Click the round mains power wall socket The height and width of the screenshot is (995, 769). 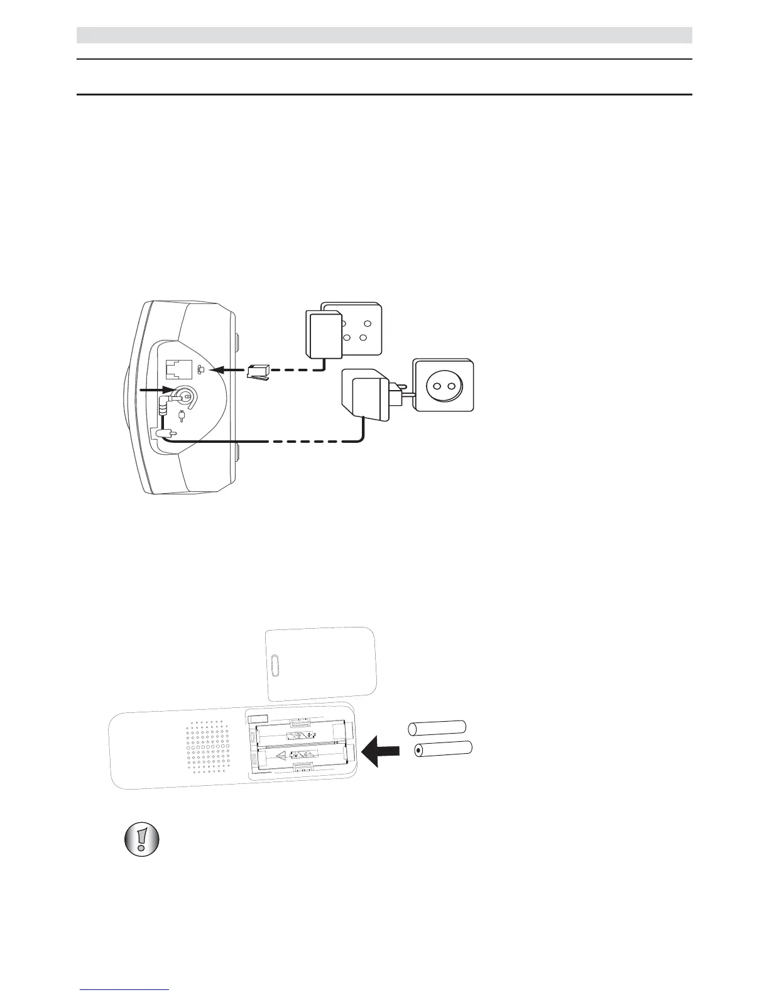point(443,384)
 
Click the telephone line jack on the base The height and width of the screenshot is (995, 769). point(177,370)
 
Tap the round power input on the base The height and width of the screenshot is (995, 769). point(186,396)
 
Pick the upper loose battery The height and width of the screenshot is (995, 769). point(437,728)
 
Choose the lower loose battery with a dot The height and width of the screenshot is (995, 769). point(443,749)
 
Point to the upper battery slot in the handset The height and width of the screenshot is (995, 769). point(302,735)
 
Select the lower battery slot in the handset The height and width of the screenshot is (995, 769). point(302,755)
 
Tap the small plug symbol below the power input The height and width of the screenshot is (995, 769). point(182,416)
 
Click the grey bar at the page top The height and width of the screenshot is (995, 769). point(384,35)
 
